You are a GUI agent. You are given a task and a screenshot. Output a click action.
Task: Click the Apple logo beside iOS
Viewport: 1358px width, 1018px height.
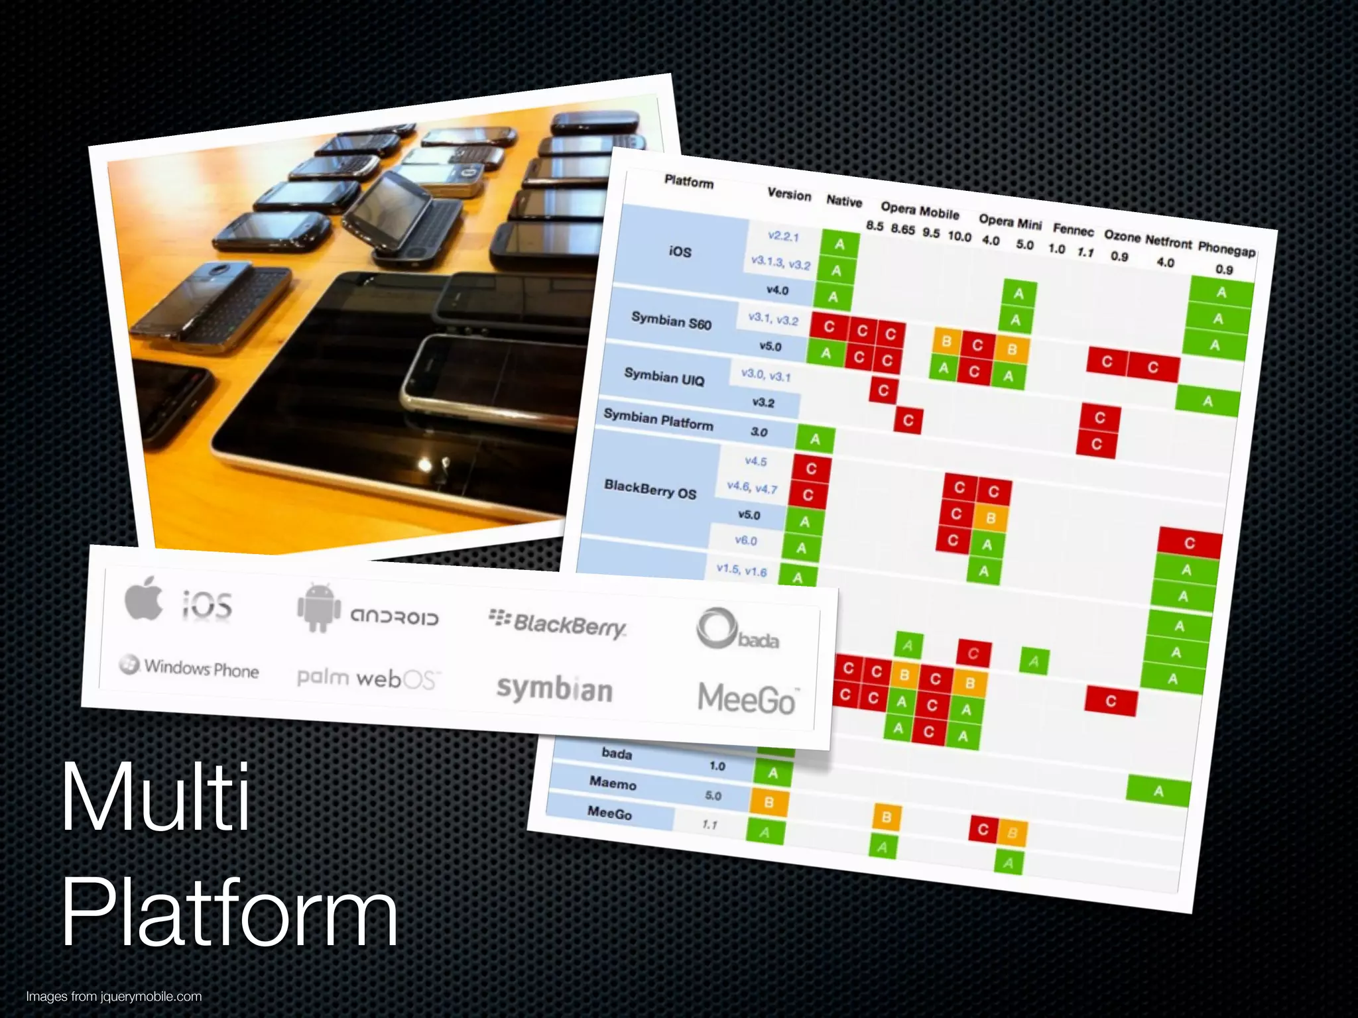pos(144,598)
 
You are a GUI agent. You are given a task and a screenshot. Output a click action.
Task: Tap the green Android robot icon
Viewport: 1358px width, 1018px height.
pos(318,608)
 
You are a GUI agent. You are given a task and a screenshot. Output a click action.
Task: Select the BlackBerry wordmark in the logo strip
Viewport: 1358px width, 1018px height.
pos(558,624)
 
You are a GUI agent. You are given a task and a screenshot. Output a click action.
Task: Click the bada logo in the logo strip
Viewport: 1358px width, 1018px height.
pos(737,629)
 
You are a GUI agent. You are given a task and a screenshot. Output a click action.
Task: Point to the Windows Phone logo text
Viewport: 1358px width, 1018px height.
pos(190,667)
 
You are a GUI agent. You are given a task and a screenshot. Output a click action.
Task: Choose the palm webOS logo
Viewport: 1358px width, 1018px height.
pos(366,678)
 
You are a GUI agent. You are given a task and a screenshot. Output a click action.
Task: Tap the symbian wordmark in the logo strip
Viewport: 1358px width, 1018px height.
pos(554,690)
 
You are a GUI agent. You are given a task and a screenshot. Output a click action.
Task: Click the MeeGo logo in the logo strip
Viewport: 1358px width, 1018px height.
pos(747,699)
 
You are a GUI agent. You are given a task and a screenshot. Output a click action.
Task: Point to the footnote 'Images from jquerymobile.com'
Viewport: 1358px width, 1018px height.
pos(113,996)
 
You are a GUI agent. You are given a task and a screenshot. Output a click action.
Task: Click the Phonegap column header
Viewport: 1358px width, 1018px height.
pos(1226,250)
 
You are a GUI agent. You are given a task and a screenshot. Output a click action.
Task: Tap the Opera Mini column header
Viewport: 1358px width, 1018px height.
pos(1010,221)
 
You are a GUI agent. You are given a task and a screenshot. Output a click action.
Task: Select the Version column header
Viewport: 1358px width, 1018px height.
pos(789,194)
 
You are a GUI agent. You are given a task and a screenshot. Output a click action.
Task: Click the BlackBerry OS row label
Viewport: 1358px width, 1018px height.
pos(650,490)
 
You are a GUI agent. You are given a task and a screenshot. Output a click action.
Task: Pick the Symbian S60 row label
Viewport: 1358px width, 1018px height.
pos(671,322)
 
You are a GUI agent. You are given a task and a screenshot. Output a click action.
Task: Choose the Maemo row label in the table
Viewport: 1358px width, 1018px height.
pos(613,784)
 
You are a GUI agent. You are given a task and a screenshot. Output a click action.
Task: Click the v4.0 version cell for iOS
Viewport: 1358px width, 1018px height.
pos(777,290)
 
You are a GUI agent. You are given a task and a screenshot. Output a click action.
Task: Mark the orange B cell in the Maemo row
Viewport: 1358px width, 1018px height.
pos(769,803)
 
